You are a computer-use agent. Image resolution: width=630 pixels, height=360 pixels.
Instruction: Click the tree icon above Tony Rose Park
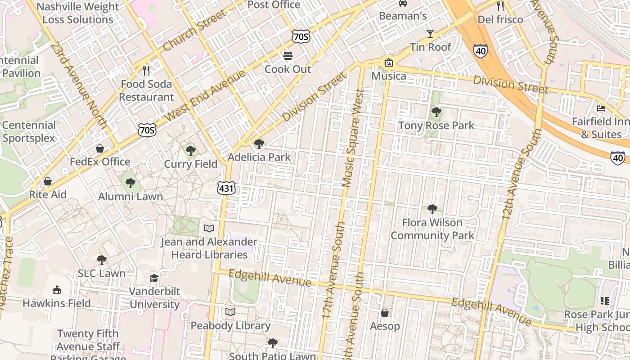coord(436,112)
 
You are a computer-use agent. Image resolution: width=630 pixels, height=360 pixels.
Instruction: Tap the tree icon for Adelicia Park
coord(259,144)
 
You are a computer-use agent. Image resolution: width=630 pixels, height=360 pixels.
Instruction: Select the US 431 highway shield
coord(226,188)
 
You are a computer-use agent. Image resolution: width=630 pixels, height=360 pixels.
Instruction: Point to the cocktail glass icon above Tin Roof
coord(430,34)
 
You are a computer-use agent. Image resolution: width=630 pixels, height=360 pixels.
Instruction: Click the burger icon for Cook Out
coord(288,56)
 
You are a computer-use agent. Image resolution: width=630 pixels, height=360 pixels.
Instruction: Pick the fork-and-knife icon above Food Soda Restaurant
coord(146,71)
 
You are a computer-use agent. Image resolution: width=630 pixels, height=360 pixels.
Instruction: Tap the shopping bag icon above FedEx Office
coord(100,148)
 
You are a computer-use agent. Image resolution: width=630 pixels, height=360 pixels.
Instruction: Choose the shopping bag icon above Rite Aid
coord(47,181)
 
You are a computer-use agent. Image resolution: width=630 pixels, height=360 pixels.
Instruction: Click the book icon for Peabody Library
coord(230,312)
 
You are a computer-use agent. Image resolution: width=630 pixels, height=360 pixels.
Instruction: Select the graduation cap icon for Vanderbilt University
coord(154,278)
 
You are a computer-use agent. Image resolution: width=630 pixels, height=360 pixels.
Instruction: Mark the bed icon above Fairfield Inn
coord(601,108)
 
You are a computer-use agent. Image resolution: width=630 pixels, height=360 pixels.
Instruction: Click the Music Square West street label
coord(352,138)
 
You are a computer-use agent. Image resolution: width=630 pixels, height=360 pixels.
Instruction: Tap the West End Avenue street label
coord(205,95)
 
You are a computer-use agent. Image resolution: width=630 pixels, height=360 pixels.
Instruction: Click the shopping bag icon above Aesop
coord(385,313)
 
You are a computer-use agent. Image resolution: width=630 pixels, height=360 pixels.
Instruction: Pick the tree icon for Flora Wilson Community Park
coord(432,209)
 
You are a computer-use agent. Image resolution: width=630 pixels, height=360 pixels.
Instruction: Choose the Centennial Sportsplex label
coord(29,131)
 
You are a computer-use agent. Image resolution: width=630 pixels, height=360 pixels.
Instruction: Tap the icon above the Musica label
coord(388,63)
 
